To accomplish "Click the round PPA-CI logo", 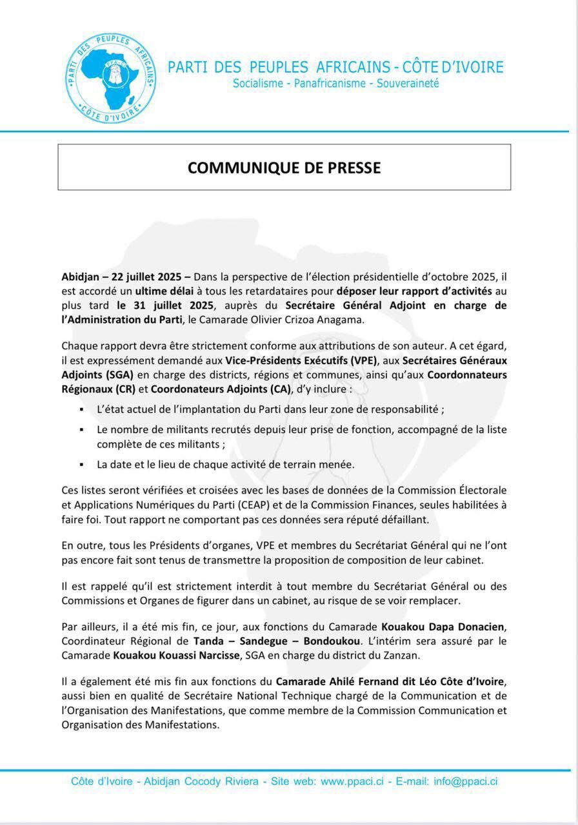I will point(112,77).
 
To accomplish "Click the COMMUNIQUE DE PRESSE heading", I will point(284,168).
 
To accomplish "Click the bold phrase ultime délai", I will point(169,291).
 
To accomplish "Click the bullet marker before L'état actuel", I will point(81,410).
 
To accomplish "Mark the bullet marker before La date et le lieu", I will point(81,464).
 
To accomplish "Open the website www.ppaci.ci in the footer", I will point(352,781).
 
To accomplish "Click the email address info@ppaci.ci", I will point(465,781).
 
